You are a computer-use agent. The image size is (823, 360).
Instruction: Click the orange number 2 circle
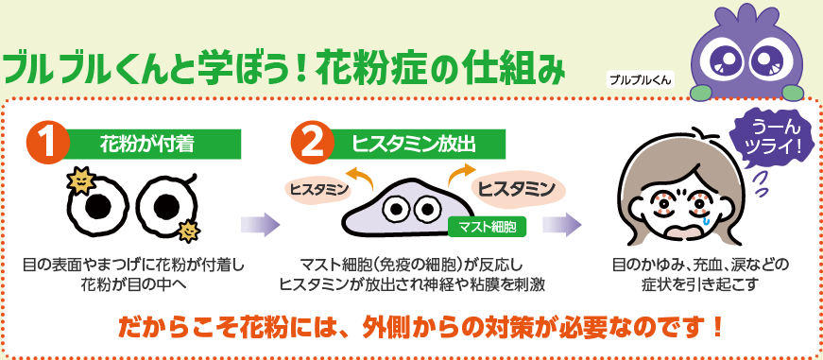[x=314, y=145]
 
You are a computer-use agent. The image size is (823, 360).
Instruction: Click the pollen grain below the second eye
[x=189, y=230]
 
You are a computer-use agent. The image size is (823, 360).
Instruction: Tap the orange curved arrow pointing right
[x=460, y=171]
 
